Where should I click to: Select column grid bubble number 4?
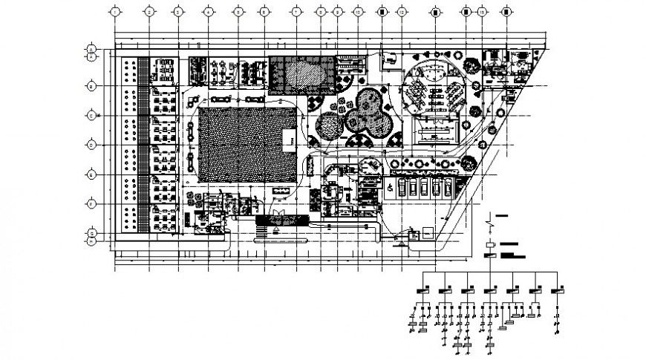208,12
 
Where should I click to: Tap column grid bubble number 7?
296,12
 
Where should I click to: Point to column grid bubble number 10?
358,12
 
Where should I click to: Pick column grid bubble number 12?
402,12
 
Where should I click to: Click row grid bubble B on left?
91,87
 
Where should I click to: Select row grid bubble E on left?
91,174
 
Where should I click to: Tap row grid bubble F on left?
91,203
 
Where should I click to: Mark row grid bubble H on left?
91,240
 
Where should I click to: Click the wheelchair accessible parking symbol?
390,189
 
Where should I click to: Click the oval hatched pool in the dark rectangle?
304,73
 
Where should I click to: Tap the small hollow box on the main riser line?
492,243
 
